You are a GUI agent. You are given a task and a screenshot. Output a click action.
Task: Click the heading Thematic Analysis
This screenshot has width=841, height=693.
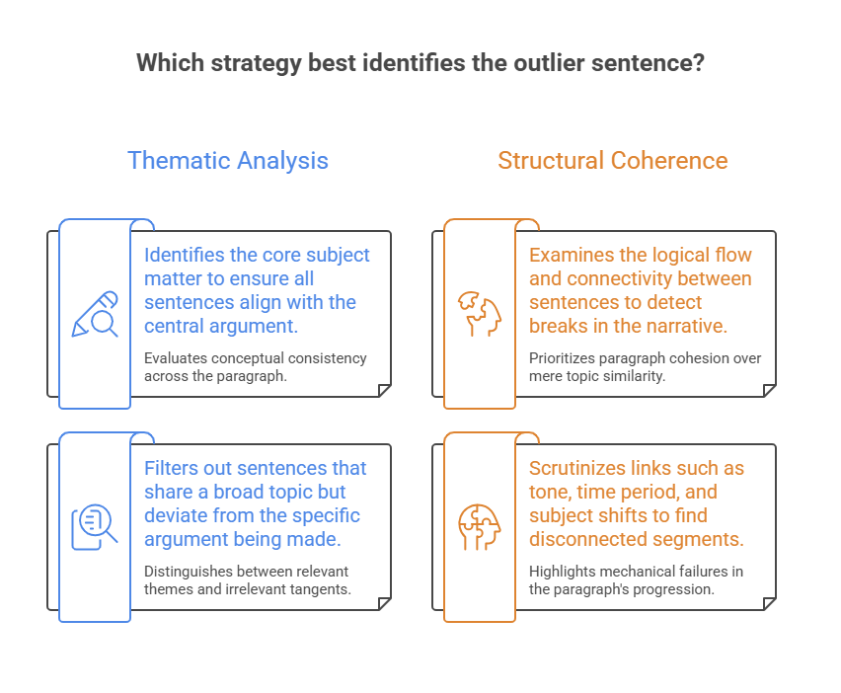[228, 160]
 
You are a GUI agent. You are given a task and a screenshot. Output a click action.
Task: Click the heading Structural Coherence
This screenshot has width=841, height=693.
[613, 160]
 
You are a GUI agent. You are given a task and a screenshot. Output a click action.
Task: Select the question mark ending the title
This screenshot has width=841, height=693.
[698, 63]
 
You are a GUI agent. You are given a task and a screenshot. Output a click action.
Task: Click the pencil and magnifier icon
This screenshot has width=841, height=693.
[95, 314]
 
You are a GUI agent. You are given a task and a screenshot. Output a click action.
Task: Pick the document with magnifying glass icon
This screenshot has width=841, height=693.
[95, 527]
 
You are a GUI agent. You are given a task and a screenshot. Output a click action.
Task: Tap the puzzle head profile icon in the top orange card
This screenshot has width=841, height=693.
[480, 314]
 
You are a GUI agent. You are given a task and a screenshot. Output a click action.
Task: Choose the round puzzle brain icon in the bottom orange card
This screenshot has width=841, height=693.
[480, 527]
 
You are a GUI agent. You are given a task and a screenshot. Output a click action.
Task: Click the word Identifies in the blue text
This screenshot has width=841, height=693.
[185, 255]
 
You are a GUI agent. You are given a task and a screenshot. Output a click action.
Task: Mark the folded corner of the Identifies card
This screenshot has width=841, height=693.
[385, 390]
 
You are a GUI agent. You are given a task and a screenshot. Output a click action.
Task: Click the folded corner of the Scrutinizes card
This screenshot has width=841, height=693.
[770, 603]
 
